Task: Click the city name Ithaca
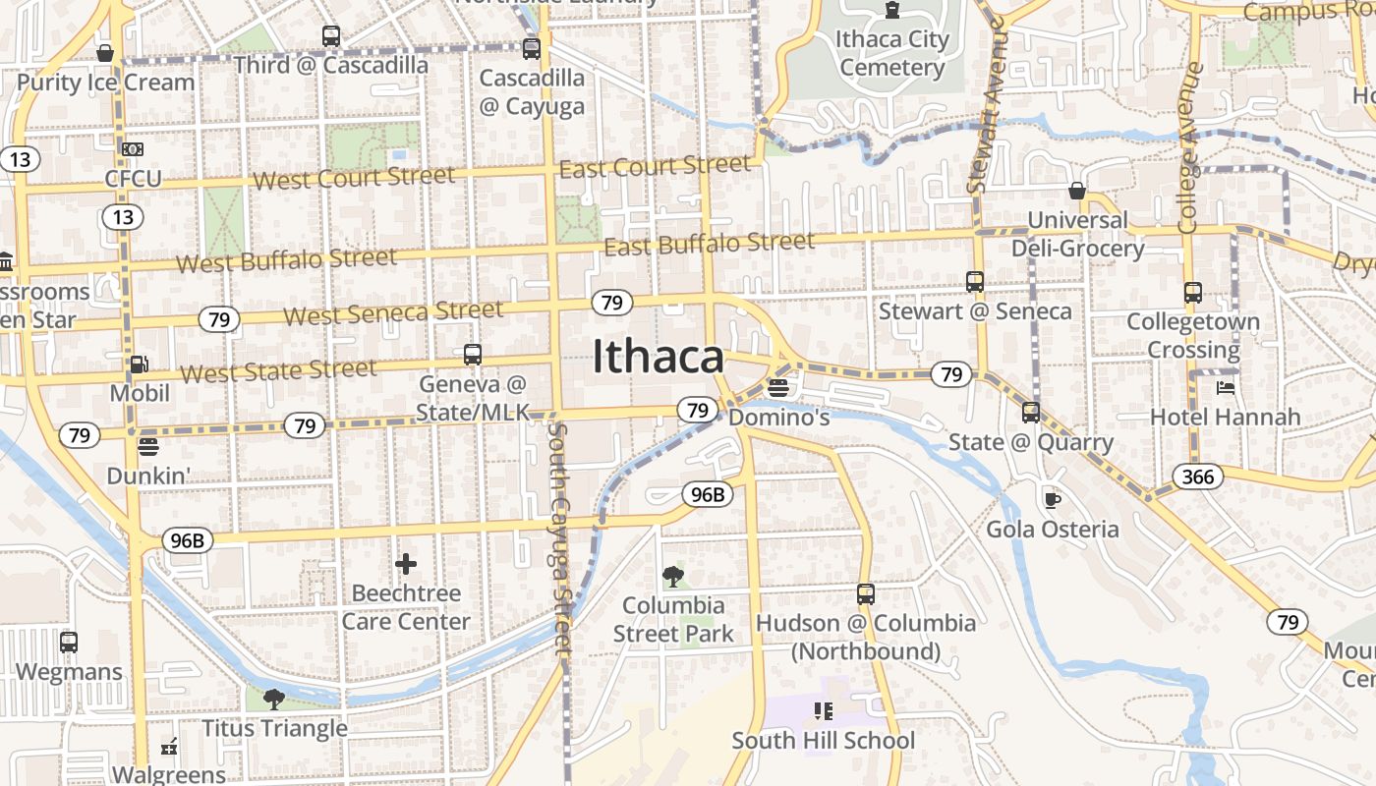pos(658,357)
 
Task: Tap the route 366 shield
pos(1198,477)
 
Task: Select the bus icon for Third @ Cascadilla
pos(331,36)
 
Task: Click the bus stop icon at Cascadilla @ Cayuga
pos(532,48)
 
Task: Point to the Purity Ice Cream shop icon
pos(105,53)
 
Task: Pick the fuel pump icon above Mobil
pos(139,365)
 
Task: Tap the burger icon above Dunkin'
pos(148,448)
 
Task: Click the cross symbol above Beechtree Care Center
pos(406,564)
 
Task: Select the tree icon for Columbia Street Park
pos(673,576)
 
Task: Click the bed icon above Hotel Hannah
pos(1225,387)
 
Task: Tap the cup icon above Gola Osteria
pos(1052,500)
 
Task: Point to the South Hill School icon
pos(823,710)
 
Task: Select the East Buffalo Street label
pos(709,243)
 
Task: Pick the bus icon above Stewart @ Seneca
pos(975,282)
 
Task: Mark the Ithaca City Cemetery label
pos(892,53)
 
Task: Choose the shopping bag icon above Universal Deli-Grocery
pos(1077,191)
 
